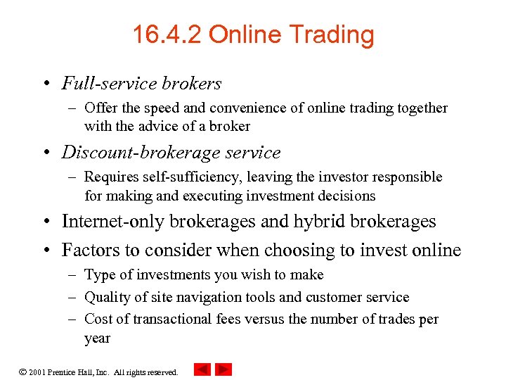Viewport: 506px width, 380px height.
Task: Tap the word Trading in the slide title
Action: (x=331, y=35)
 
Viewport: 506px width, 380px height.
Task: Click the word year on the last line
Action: (x=97, y=338)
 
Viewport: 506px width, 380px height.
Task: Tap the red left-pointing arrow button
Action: (x=202, y=369)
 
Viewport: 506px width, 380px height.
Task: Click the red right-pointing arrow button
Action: (x=223, y=369)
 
